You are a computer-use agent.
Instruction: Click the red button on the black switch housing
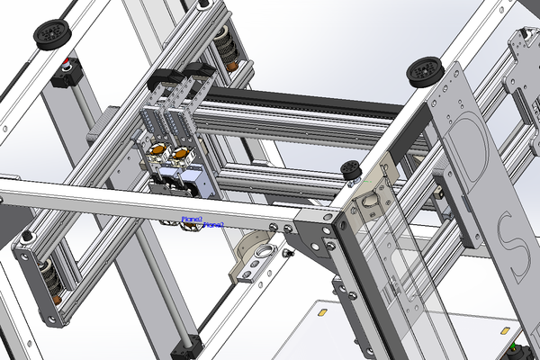[x=66, y=65]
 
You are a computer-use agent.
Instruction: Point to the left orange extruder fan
[x=156, y=148]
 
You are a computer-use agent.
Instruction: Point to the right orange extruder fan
[x=181, y=154]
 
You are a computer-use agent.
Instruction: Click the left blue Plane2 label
[x=191, y=218]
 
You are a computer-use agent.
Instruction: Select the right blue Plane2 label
[x=214, y=224]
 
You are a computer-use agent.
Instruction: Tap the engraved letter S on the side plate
[x=511, y=243]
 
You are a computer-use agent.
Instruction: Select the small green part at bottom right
[x=515, y=348]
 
